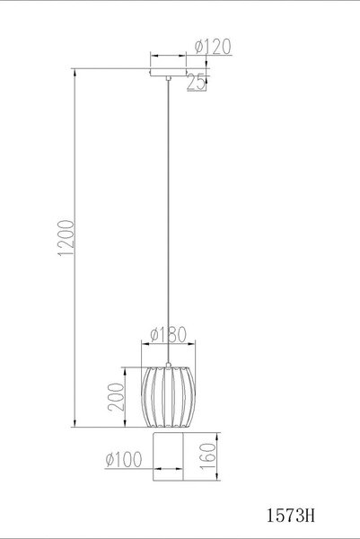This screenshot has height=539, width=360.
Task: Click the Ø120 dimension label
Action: (x=213, y=47)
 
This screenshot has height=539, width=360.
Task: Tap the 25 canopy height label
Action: (x=196, y=82)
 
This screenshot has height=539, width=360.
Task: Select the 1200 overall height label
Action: (x=66, y=238)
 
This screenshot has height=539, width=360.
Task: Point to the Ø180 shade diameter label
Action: (x=168, y=335)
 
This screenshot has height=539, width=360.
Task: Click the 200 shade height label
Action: (x=116, y=397)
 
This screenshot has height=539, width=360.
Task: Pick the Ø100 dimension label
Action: (x=124, y=459)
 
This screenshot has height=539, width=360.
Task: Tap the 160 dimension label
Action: (x=208, y=456)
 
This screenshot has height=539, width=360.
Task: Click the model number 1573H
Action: (x=291, y=516)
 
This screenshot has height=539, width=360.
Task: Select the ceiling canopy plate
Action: (x=168, y=72)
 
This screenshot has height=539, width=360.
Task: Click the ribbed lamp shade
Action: (x=168, y=397)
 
